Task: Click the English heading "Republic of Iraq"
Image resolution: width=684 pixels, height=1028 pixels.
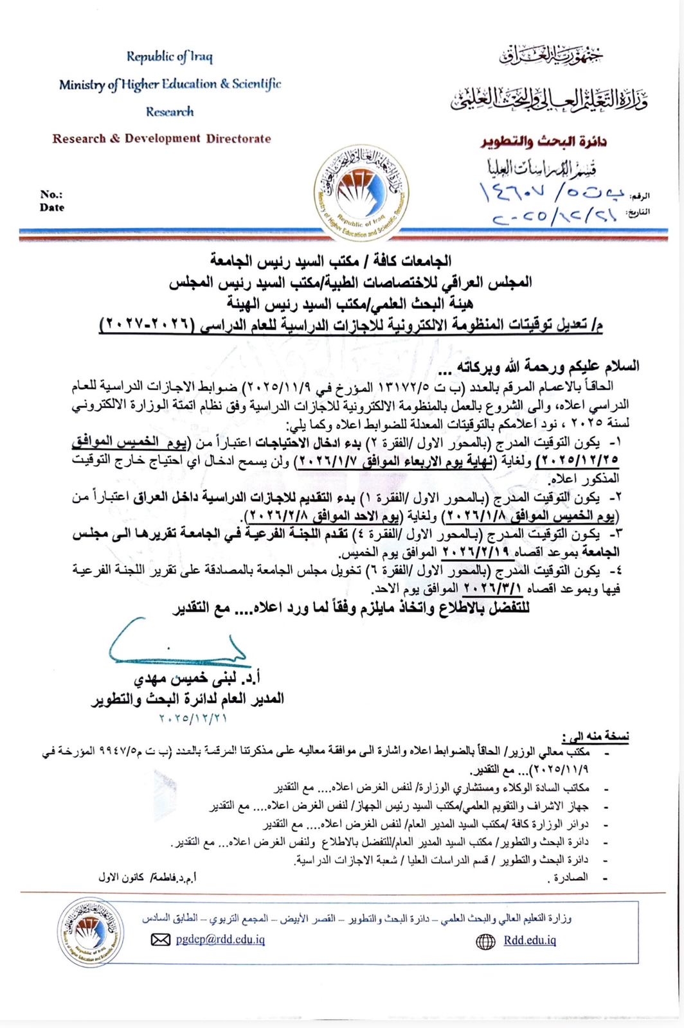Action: pos(169,57)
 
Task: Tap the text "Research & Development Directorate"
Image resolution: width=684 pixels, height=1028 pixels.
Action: pos(161,138)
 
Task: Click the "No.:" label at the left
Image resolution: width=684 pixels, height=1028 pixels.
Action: pos(51,194)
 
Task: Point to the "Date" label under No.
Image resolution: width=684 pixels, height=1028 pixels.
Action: pos(51,208)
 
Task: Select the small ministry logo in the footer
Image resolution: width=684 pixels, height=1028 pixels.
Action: pos(90,932)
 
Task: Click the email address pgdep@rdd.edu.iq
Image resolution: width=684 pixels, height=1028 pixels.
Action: pos(220,939)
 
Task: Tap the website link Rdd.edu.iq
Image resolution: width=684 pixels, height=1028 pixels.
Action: pos(530,941)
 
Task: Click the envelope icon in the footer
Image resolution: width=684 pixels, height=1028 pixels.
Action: pos(160,940)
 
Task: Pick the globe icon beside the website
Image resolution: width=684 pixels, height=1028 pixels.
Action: pos(485,942)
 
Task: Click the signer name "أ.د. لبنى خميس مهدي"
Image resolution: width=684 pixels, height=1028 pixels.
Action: pos(197,678)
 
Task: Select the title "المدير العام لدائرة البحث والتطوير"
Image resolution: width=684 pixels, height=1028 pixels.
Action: pos(187,698)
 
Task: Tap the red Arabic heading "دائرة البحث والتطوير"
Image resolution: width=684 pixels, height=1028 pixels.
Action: pos(544,141)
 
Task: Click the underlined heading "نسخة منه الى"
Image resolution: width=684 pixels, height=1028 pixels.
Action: pos(595,736)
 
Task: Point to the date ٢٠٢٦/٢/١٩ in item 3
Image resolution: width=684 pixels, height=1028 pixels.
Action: pos(476,552)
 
